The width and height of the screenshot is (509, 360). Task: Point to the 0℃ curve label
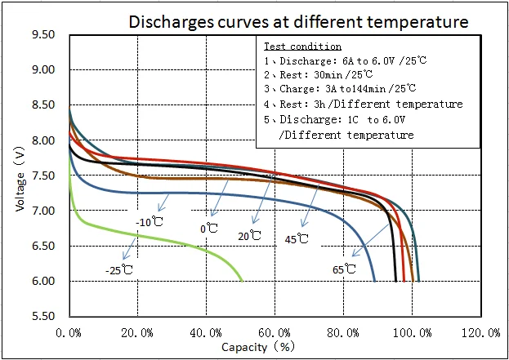tap(209, 229)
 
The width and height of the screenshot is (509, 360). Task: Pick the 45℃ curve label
tap(297, 239)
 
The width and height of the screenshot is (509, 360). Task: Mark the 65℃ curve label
tap(345, 268)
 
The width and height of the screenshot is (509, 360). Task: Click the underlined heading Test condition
tap(302, 47)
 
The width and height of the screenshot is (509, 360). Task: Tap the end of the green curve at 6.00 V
tap(243, 281)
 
